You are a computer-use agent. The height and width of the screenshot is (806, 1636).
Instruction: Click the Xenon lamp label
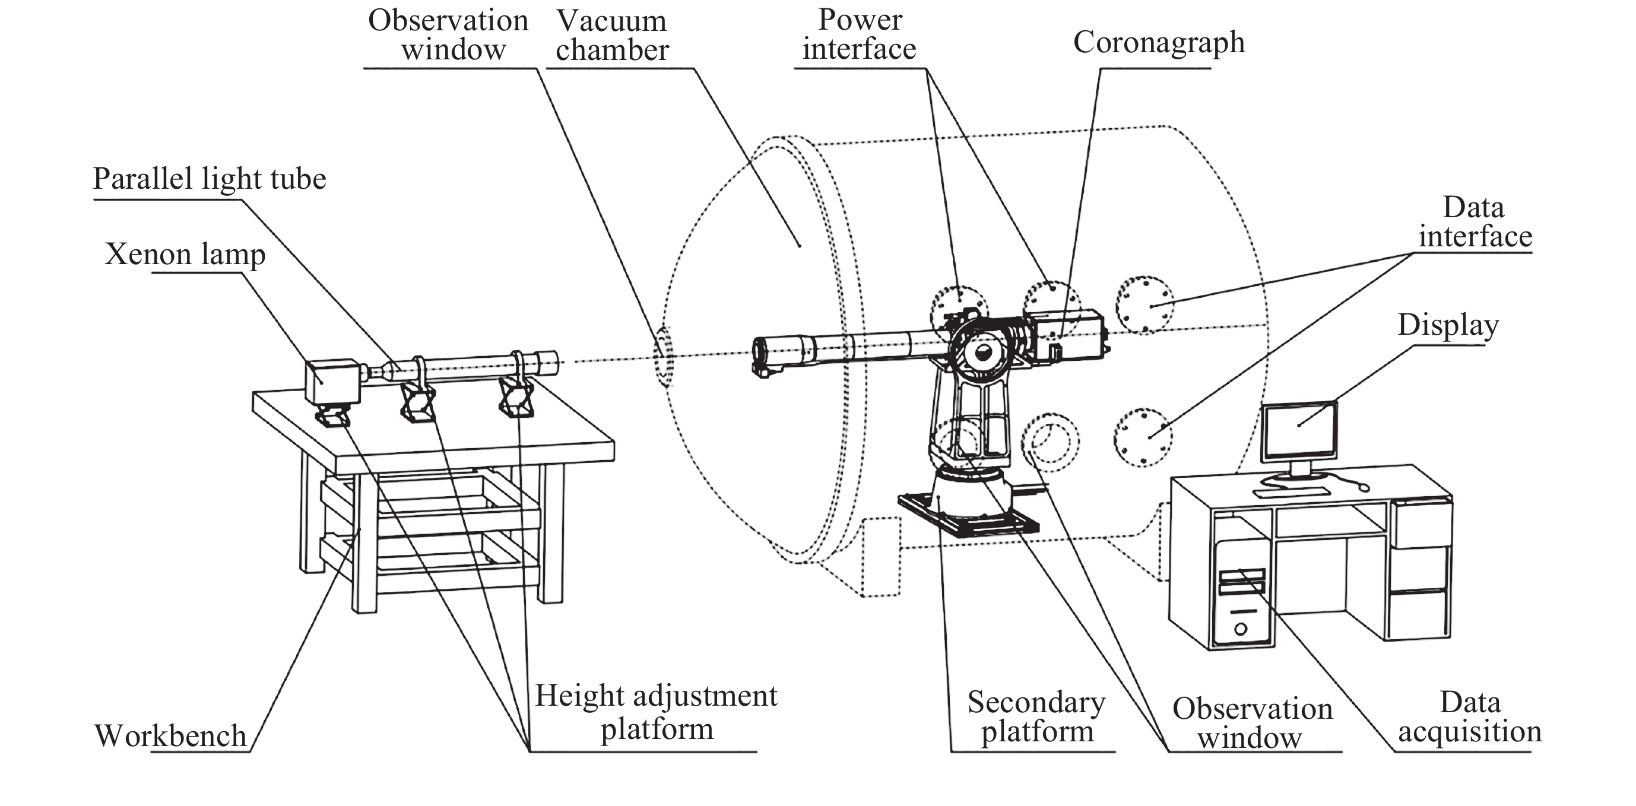tap(185, 254)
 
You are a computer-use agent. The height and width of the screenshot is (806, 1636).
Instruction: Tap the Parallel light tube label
tap(209, 179)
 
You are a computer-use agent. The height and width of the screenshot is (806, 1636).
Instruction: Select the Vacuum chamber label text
tap(611, 36)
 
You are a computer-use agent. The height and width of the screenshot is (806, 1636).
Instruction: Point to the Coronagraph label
tap(1158, 43)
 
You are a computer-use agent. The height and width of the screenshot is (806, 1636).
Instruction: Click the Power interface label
tap(860, 34)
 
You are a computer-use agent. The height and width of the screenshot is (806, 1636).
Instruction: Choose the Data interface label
tap(1475, 221)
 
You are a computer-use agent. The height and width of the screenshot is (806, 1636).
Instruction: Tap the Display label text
tap(1447, 325)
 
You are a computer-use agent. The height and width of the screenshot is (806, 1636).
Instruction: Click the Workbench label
tap(170, 735)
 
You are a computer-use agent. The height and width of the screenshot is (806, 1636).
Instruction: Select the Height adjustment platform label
tap(656, 712)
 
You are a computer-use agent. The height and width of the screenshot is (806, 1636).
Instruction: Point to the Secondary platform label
tap(1036, 716)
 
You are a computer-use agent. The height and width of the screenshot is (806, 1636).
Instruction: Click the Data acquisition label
tap(1470, 716)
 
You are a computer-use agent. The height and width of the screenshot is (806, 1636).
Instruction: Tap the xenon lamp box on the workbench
tap(332, 380)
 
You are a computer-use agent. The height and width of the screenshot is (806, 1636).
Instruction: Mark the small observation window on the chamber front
tap(663, 356)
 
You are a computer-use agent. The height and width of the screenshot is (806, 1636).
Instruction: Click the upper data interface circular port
tap(1144, 305)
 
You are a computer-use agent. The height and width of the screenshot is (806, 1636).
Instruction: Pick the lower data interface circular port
tap(1143, 437)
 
